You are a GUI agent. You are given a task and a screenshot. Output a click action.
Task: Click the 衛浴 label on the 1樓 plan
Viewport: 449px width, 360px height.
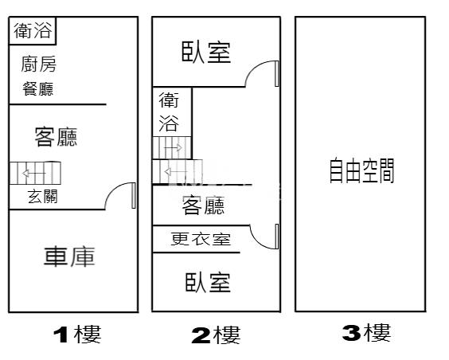tap(33, 30)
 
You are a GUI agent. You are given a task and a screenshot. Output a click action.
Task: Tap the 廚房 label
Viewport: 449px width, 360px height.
tap(39, 64)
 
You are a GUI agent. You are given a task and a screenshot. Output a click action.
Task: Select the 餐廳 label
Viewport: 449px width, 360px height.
tap(38, 88)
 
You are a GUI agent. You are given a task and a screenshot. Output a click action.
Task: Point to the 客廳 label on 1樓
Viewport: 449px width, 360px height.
tap(56, 137)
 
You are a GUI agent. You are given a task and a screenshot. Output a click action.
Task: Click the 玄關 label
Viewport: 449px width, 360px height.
tap(43, 196)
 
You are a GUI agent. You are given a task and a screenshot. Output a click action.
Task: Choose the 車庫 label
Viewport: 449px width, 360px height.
tap(69, 256)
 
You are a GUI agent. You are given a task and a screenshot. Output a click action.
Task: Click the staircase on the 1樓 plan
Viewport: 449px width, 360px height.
tap(35, 173)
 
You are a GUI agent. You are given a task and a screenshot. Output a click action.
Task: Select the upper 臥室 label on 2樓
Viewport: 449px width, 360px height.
tap(206, 52)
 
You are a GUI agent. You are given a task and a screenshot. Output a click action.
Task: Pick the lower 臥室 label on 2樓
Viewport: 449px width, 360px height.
tap(208, 283)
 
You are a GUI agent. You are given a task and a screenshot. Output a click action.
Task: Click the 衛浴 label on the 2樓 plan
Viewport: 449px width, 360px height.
tap(169, 112)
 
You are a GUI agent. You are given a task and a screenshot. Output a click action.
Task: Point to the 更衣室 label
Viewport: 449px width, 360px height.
tap(201, 239)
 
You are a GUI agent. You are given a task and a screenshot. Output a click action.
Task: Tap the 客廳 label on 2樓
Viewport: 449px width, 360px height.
tap(203, 205)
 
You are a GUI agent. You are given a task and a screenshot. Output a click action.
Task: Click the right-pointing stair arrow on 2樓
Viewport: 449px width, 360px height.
tap(173, 148)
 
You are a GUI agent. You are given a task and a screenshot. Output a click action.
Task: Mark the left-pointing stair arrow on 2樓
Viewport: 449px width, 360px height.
tap(175, 172)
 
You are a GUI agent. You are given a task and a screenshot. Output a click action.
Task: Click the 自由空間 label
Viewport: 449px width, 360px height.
tap(361, 170)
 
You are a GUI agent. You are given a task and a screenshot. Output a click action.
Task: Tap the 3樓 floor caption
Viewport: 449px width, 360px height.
tap(366, 333)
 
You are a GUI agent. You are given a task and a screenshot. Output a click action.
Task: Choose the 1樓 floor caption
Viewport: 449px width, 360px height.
tap(77, 335)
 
